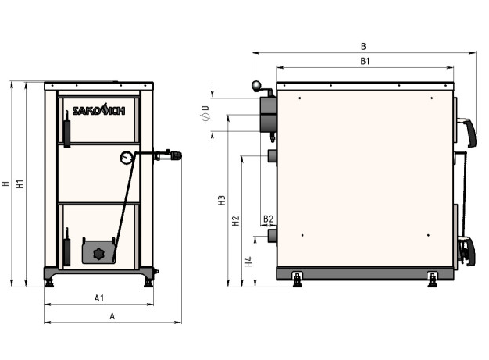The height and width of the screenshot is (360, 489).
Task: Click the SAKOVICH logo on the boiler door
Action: point(98,109)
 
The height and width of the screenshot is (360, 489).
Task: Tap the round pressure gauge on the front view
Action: point(125,158)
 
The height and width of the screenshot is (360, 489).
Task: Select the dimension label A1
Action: point(99,298)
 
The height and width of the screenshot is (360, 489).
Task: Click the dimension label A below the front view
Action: point(112,316)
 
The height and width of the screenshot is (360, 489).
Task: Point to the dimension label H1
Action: point(20,184)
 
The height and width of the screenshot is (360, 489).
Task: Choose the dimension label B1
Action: point(365,61)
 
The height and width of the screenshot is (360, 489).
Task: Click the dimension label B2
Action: point(268,219)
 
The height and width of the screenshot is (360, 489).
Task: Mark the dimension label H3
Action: point(221,201)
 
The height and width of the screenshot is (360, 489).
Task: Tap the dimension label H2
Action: point(236,221)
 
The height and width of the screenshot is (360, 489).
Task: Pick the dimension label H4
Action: point(248,262)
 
